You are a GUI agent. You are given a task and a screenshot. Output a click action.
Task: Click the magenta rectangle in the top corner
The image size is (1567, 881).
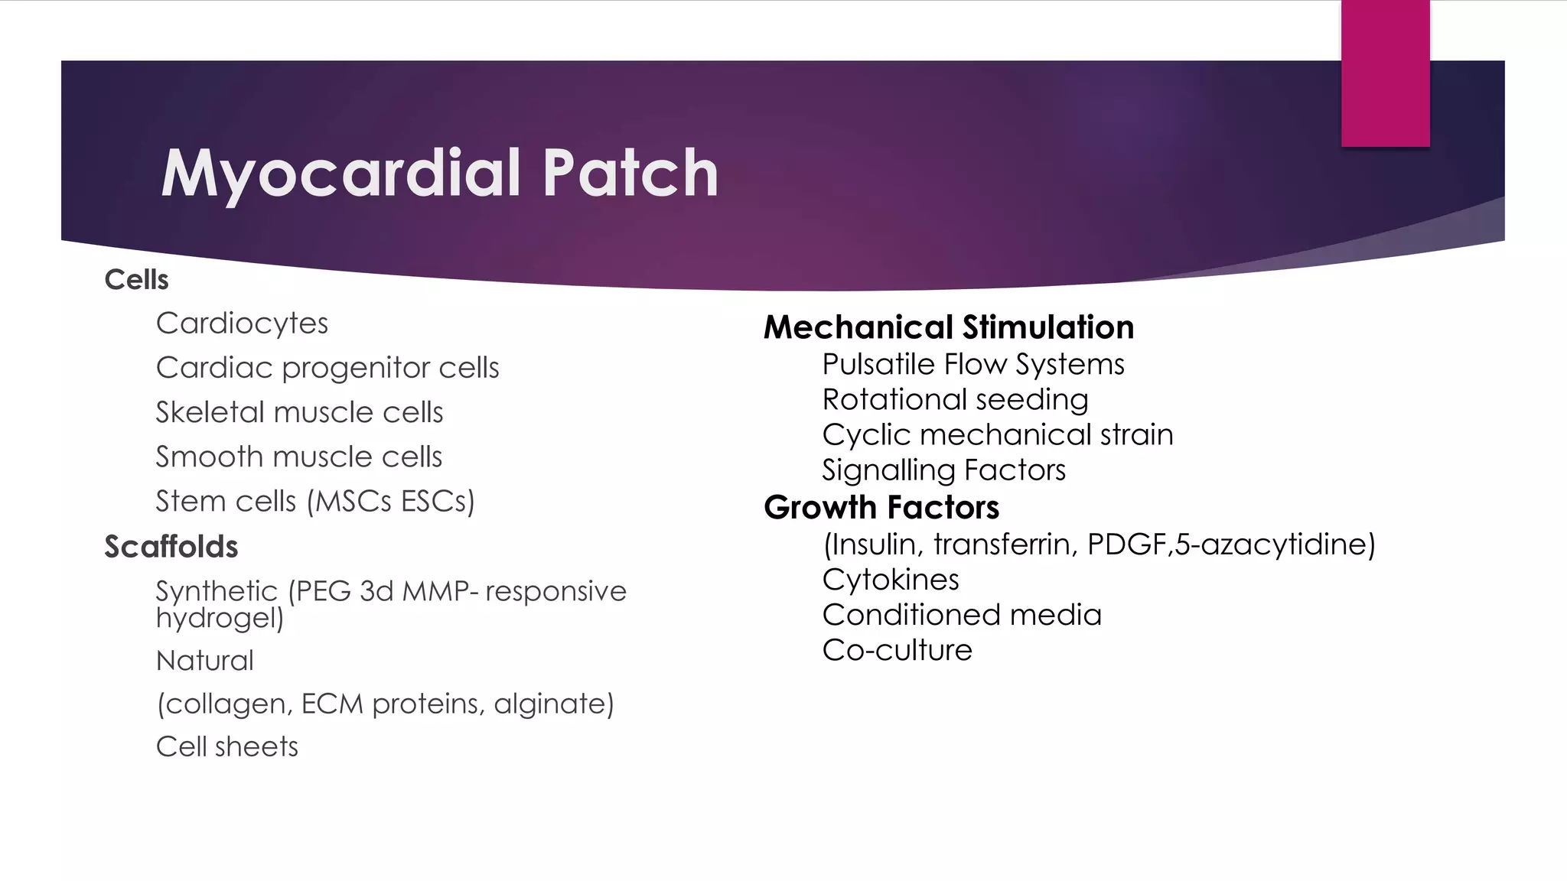[1385, 73]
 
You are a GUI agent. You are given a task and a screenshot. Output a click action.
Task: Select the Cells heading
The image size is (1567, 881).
[136, 280]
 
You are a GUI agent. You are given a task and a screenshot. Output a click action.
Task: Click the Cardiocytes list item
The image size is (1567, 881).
[242, 324]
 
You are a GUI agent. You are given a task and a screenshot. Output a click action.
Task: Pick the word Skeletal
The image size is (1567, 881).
[210, 412]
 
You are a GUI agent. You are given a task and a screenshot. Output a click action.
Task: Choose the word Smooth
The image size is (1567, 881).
[210, 457]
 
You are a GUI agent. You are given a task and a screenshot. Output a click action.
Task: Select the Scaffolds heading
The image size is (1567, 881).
[171, 547]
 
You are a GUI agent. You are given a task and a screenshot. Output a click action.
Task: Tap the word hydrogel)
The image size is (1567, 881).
[220, 618]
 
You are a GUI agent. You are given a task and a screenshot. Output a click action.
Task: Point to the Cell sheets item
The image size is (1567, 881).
[227, 746]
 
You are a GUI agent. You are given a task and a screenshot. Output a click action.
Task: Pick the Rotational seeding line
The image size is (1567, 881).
[955, 400]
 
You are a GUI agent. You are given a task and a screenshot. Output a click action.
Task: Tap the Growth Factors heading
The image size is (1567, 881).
[881, 508]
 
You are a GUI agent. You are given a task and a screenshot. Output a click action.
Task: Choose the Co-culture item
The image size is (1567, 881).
[897, 650]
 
